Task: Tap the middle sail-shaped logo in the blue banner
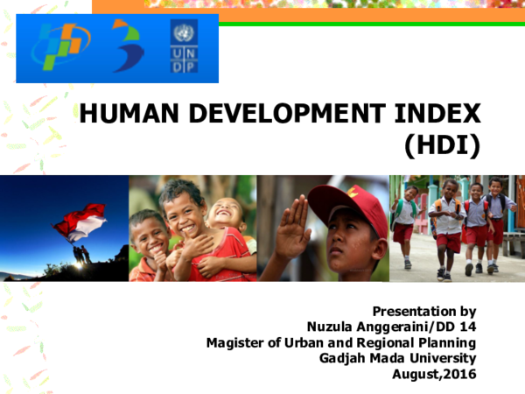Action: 128,47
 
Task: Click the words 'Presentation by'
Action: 424,311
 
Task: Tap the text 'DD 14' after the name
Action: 458,327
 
